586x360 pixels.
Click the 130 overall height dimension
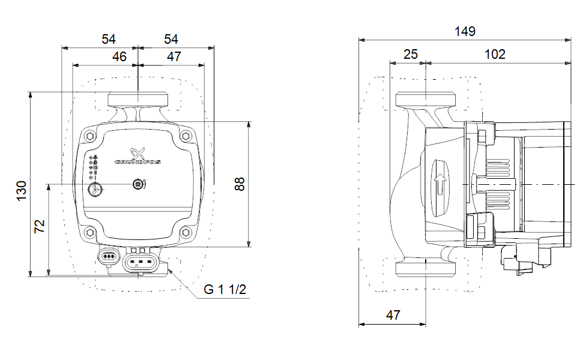point(22,190)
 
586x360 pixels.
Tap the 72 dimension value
point(40,226)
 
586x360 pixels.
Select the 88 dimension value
point(240,184)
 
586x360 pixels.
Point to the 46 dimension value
point(119,56)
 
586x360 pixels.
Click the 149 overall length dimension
point(464,31)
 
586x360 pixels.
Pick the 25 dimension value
point(410,55)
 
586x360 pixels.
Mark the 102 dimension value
point(495,55)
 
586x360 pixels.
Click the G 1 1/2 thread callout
point(225,290)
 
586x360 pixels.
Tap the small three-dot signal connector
point(109,257)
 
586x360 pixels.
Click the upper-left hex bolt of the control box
point(89,136)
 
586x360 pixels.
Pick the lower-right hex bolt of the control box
point(186,232)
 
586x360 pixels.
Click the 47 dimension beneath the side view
point(393,314)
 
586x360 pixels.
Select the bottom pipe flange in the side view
point(425,268)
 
